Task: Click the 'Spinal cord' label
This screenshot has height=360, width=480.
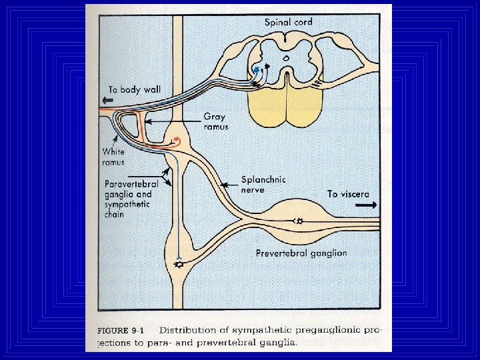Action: [x=288, y=22]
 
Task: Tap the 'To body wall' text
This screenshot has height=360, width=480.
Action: [x=135, y=89]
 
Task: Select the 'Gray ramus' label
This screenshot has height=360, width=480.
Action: [x=215, y=121]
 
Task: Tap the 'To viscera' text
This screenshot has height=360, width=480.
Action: [x=348, y=194]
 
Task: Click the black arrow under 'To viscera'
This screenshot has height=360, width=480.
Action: [x=365, y=205]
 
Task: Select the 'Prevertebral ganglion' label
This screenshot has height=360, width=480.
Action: [x=301, y=253]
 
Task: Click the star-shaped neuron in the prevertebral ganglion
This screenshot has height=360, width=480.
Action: [x=299, y=221]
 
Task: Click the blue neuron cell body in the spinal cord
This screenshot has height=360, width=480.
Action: [x=257, y=69]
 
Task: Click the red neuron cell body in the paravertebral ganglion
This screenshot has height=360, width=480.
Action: [x=176, y=141]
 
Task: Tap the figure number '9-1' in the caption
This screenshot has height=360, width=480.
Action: [x=147, y=329]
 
